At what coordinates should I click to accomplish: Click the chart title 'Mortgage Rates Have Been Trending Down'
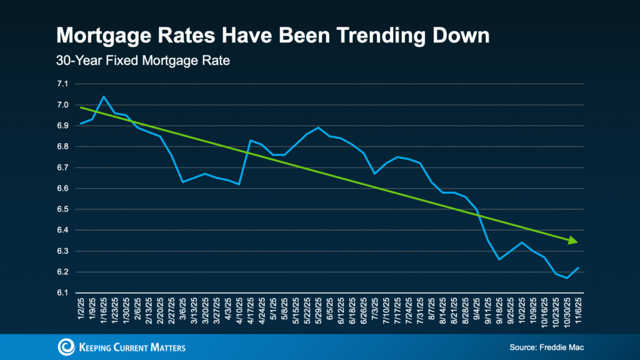click(272, 35)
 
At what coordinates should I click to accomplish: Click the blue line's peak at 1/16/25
click(104, 96)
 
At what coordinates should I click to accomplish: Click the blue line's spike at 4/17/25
click(250, 140)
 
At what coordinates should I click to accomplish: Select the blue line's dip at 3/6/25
click(182, 182)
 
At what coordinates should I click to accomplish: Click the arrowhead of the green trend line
click(573, 241)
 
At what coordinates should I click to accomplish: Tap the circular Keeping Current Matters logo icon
click(66, 347)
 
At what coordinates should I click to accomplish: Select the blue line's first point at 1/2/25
click(81, 123)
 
